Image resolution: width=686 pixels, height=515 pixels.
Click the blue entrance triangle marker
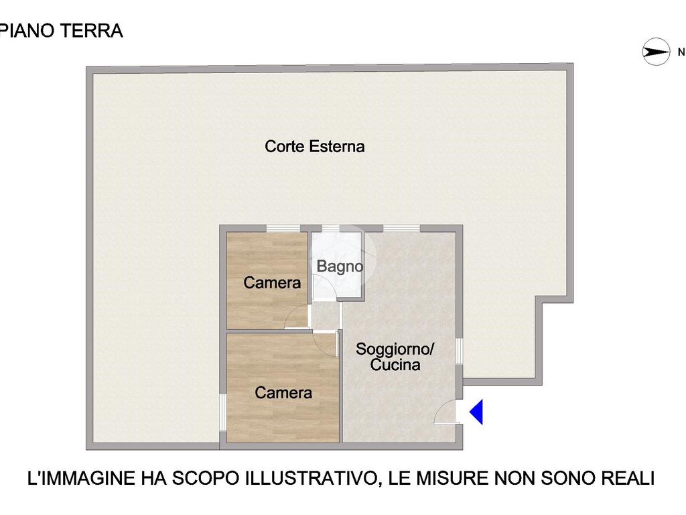(x=477, y=412)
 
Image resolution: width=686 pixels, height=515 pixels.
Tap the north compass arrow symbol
(x=656, y=52)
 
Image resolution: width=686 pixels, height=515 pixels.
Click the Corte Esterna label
(x=315, y=146)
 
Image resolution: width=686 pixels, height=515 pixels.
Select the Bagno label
(x=340, y=266)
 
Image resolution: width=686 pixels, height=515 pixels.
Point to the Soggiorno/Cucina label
(x=395, y=357)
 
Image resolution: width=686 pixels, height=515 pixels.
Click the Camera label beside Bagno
(x=272, y=282)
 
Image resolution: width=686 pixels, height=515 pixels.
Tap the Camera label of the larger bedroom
(x=283, y=392)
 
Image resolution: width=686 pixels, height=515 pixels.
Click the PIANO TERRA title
(x=62, y=31)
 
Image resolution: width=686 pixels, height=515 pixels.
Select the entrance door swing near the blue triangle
(x=445, y=412)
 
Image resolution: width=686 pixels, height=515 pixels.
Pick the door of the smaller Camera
(x=297, y=317)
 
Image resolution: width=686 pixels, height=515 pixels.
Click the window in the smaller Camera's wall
(x=283, y=228)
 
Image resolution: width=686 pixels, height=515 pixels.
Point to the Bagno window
(x=331, y=228)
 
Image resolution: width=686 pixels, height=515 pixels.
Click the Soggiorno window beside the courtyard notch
(x=460, y=351)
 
